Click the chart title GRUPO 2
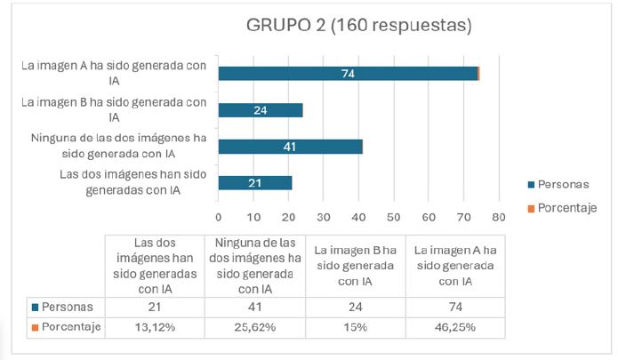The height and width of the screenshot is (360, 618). coord(358,26)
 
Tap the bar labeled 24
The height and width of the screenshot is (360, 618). coord(261,110)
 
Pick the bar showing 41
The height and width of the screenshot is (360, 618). coord(290,147)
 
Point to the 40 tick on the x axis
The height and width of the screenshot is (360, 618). coord(358,216)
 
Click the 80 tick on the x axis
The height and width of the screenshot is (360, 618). coord(498,216)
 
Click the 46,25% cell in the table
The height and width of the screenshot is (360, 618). coord(454,327)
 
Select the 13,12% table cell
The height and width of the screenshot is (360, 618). coord(154,327)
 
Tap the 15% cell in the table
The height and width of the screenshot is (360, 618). coord(354,327)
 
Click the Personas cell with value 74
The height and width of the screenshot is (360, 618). coord(454,307)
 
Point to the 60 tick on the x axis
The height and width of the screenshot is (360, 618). coord(429,216)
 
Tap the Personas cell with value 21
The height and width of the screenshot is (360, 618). coord(154,307)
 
